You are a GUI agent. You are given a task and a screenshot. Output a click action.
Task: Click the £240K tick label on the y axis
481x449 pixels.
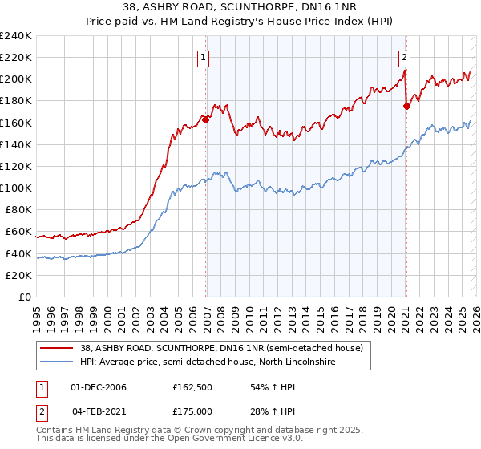pyautogui.click(x=16, y=36)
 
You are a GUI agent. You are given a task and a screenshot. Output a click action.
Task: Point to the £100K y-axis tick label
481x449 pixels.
pyautogui.click(x=16, y=188)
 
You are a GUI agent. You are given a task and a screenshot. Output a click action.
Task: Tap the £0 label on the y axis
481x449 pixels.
pyautogui.click(x=25, y=297)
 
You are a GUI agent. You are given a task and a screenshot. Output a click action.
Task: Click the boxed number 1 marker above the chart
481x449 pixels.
pyautogui.click(x=204, y=57)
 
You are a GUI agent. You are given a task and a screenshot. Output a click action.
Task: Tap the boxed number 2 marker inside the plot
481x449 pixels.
pyautogui.click(x=405, y=57)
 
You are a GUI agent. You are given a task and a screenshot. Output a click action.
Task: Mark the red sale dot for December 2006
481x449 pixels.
pyautogui.click(x=205, y=120)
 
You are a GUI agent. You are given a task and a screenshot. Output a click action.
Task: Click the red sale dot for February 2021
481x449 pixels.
pyautogui.click(x=406, y=107)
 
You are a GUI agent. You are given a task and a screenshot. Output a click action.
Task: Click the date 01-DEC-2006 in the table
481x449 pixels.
pyautogui.click(x=98, y=387)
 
